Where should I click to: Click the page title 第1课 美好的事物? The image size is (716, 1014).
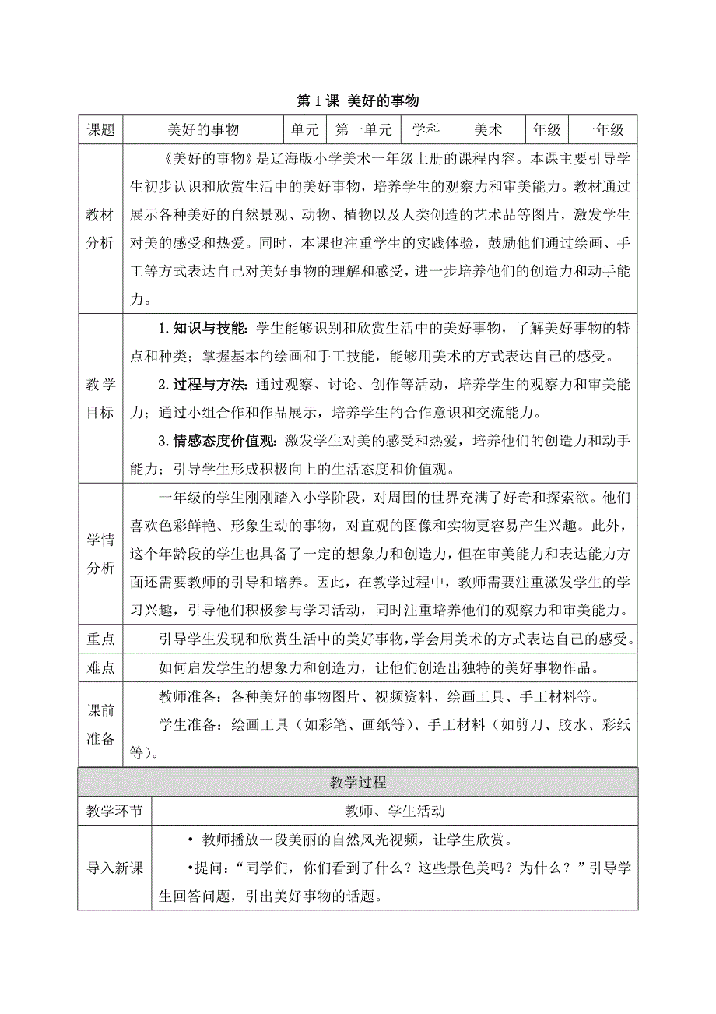tap(358, 101)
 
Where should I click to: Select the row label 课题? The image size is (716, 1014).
tap(101, 129)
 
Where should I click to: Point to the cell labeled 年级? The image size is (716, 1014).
tap(547, 129)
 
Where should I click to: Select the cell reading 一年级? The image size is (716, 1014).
tap(602, 129)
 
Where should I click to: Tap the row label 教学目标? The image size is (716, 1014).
tap(101, 397)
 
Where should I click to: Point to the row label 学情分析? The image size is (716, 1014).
tap(101, 553)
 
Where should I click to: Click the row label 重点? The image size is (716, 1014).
tap(101, 639)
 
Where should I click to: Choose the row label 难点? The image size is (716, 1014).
tap(101, 667)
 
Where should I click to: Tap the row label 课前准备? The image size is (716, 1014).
tap(101, 724)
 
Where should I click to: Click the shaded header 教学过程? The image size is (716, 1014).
tap(358, 781)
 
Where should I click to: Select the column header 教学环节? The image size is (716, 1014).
tap(115, 811)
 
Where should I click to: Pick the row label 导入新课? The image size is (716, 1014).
tap(115, 868)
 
